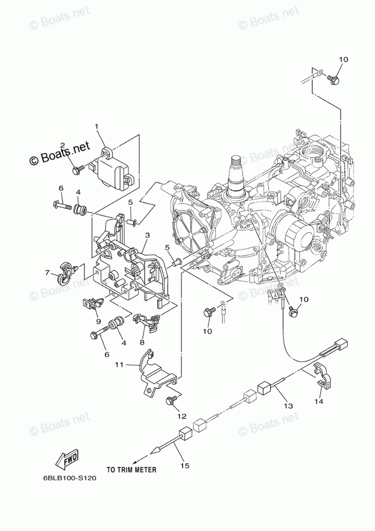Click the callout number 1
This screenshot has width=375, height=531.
point(97,127)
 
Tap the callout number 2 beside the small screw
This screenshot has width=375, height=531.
point(62,146)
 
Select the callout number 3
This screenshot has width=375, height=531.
point(147,235)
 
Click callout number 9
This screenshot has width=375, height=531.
point(98,321)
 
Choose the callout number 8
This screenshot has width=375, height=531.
point(142,342)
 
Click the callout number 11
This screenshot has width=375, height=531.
point(119,364)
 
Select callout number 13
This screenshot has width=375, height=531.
point(289,406)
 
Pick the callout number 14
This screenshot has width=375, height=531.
point(319,401)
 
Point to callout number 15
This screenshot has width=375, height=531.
point(185,465)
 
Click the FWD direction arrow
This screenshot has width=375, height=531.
point(67,460)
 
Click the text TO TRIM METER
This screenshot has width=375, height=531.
point(131,469)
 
